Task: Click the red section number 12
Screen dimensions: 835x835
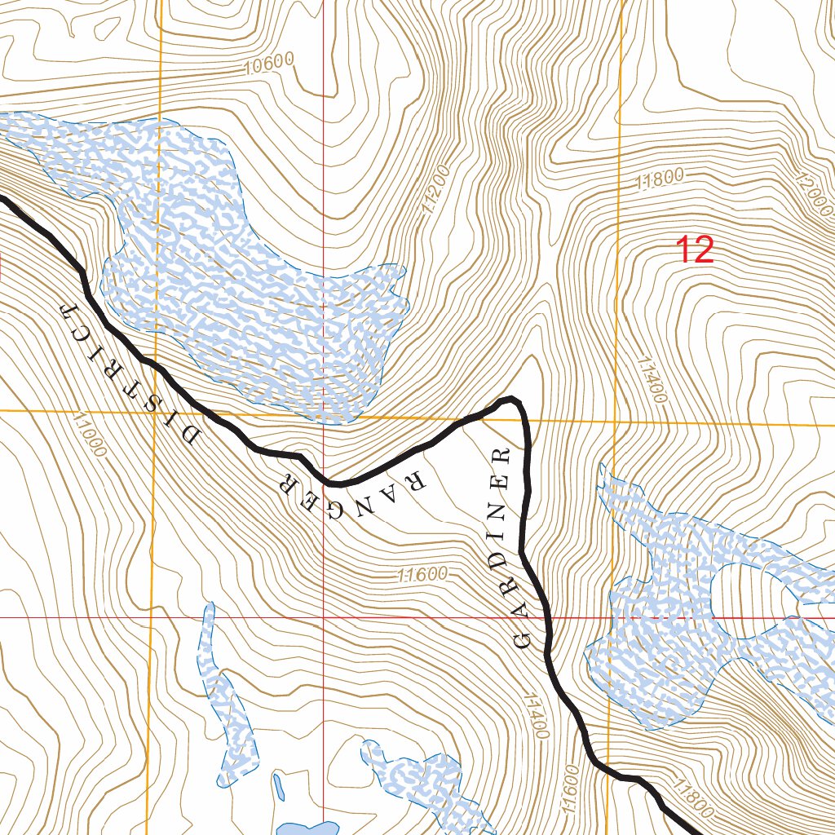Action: (x=696, y=250)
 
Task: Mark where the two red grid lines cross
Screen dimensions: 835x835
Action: (x=324, y=617)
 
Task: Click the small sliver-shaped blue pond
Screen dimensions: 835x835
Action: (x=279, y=787)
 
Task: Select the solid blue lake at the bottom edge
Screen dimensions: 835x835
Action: (x=307, y=828)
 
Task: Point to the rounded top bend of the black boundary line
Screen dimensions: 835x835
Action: (x=510, y=399)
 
